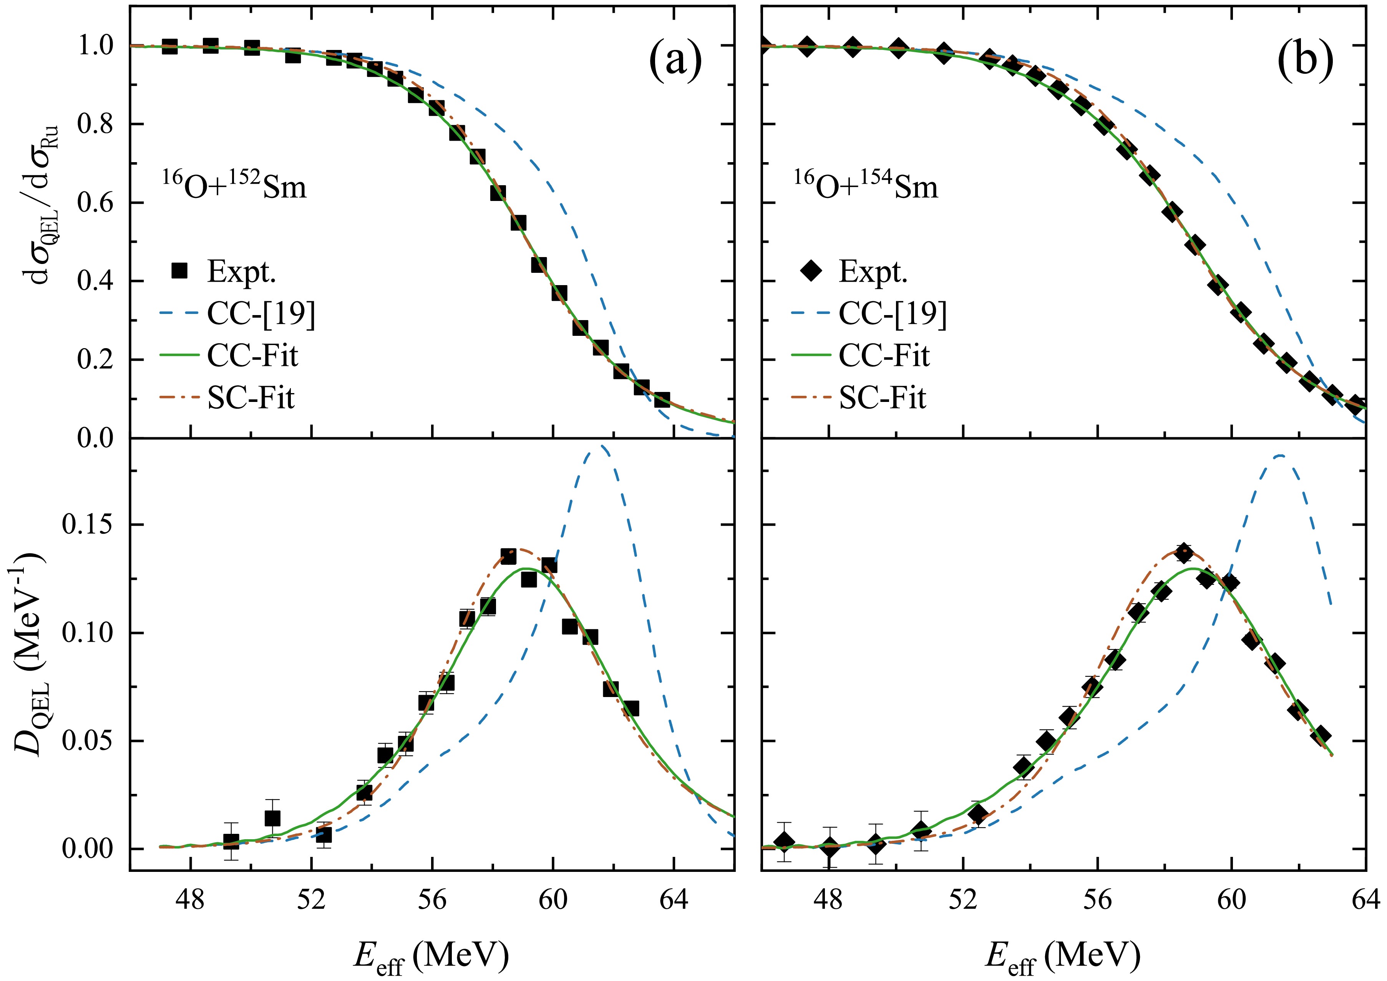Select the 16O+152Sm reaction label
[x=234, y=185]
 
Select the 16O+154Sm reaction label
[x=866, y=185]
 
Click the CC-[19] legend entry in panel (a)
[x=261, y=314]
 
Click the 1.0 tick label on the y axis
[x=95, y=45]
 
